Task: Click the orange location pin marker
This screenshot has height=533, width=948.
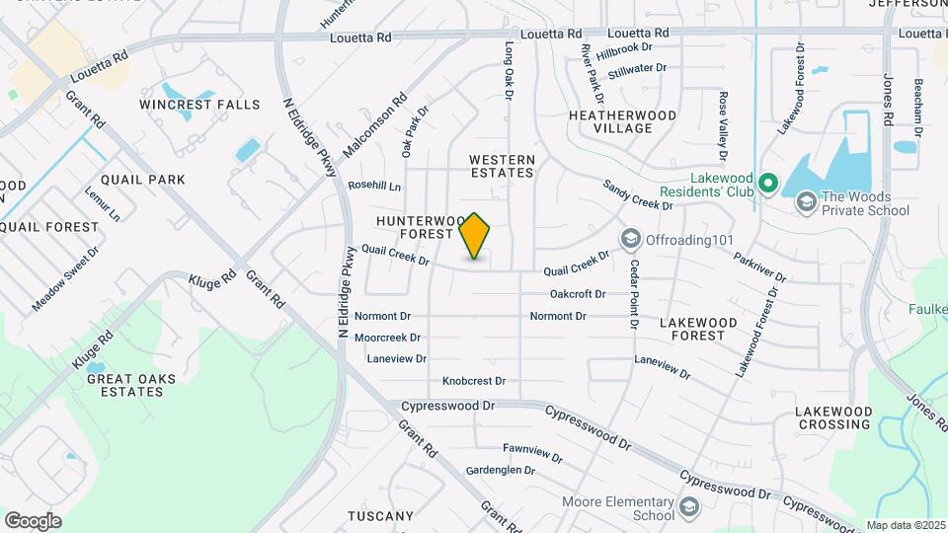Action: [475, 235]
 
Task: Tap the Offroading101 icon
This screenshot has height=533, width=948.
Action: [630, 239]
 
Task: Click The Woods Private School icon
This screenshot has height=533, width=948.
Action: [807, 202]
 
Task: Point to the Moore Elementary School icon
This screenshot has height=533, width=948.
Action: [688, 507]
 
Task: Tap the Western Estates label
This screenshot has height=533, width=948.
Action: [502, 166]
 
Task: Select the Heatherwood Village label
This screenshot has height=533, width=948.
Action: [623, 121]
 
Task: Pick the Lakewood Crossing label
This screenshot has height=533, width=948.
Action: [834, 418]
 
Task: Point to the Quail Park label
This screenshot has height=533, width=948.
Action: [143, 180]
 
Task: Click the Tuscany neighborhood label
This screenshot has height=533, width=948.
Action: [380, 516]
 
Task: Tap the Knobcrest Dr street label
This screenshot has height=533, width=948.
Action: [474, 381]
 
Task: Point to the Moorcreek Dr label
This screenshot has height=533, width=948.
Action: [387, 338]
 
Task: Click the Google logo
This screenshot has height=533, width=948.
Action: [33, 520]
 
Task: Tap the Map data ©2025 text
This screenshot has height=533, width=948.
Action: [906, 525]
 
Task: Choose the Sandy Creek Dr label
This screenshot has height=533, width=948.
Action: [637, 194]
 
